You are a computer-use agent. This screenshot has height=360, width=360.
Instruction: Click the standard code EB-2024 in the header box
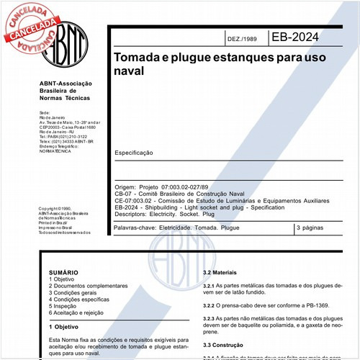tap(296, 37)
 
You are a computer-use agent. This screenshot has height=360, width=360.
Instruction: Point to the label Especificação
tap(133, 153)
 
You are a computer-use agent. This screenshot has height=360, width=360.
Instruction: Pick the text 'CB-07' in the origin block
tap(124, 193)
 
